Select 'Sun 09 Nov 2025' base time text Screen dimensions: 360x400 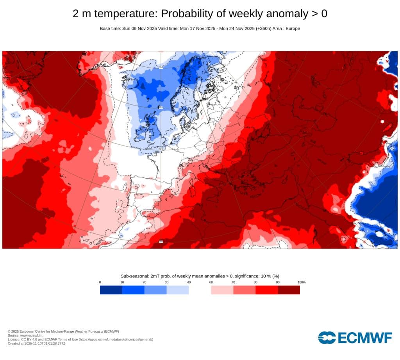tap(139, 29)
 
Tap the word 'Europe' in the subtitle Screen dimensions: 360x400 tap(292, 29)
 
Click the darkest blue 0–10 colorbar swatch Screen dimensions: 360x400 tap(111, 290)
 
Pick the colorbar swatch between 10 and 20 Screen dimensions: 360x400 tap(133, 290)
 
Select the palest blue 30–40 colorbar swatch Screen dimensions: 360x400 tap(178, 290)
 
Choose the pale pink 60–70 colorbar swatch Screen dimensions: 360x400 tap(222, 290)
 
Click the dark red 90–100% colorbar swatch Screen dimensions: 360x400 tap(289, 290)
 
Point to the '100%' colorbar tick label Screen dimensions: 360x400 tap(301, 282)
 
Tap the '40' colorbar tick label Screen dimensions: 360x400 tap(189, 282)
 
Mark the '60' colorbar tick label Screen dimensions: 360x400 tap(211, 282)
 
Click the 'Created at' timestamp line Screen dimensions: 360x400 tap(36, 343)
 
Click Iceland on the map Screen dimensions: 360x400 tap(130, 81)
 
